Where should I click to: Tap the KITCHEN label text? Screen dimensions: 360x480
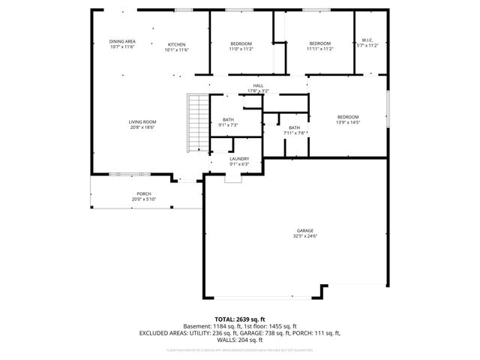click(176, 43)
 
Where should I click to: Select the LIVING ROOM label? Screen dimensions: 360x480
click(142, 121)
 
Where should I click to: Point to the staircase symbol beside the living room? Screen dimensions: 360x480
click(196, 124)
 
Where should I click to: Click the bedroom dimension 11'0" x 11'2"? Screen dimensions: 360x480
click(241, 49)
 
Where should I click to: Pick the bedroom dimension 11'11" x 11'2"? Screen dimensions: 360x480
click(320, 49)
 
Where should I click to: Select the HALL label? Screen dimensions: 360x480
click(258, 86)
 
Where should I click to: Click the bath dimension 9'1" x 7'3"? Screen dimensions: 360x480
click(228, 125)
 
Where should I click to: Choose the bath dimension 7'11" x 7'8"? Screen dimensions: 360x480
click(294, 133)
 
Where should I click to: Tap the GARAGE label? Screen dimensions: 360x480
click(304, 230)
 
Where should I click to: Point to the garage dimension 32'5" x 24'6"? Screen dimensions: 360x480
click(304, 236)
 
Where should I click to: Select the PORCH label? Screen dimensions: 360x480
click(143, 193)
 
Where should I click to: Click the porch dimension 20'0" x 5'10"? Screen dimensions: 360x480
click(143, 199)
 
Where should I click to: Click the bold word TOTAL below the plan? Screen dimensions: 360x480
click(226, 319)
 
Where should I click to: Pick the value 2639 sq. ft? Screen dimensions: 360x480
click(252, 319)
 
